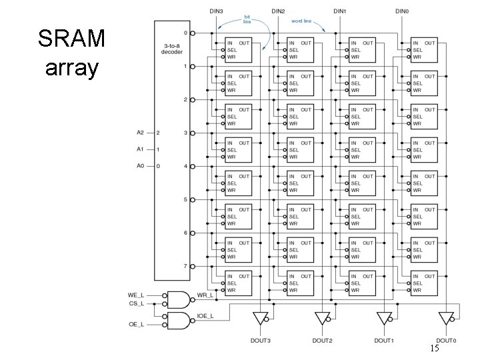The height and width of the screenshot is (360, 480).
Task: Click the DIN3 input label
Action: pyautogui.click(x=216, y=11)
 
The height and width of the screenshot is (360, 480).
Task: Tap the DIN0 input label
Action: pyautogui.click(x=402, y=11)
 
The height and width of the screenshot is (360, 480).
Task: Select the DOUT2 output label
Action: pyautogui.click(x=322, y=341)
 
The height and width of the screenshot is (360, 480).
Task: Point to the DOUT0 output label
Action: pyautogui.click(x=446, y=341)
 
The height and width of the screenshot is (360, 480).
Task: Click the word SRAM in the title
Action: pyautogui.click(x=71, y=38)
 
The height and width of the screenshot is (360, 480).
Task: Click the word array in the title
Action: pyautogui.click(x=72, y=68)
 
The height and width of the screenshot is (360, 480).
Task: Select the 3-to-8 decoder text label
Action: pyautogui.click(x=172, y=49)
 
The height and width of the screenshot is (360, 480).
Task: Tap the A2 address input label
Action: pyautogui.click(x=140, y=133)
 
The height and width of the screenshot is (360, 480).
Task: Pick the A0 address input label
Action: pyautogui.click(x=140, y=166)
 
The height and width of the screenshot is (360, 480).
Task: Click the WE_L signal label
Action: pyautogui.click(x=136, y=295)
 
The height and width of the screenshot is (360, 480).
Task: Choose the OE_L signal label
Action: pyautogui.click(x=137, y=325)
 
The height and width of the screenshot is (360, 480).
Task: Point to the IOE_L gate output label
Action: pyautogui.click(x=205, y=316)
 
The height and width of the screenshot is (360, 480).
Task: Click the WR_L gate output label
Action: pyautogui.click(x=205, y=295)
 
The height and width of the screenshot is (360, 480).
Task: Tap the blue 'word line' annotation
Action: pyautogui.click(x=301, y=21)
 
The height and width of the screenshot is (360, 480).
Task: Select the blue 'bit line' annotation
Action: pyautogui.click(x=247, y=19)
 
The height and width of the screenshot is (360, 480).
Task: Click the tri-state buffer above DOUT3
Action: pyautogui.click(x=261, y=319)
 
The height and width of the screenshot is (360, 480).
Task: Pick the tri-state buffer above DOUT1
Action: pyautogui.click(x=385, y=319)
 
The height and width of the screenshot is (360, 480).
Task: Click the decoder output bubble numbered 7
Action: pyautogui.click(x=193, y=267)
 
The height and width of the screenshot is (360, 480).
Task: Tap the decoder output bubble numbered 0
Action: pyautogui.click(x=193, y=33)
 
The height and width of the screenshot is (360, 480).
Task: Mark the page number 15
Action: pyautogui.click(x=435, y=348)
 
